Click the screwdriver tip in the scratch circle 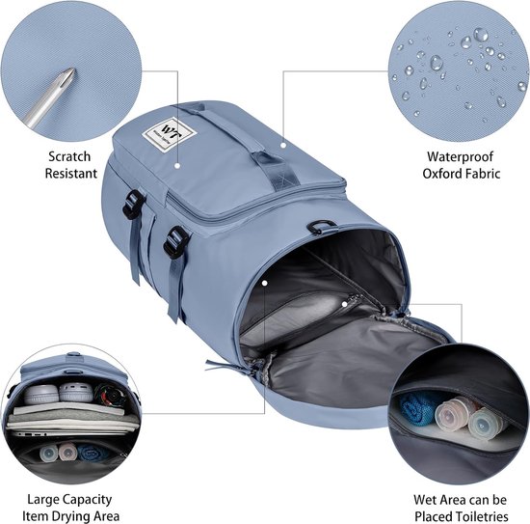[73, 69]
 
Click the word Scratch [69, 156]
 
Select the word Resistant [71, 174]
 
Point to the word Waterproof [460, 156]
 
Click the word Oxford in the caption [442, 174]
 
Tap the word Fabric [483, 174]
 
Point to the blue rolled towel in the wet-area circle [417, 409]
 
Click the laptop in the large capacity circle [71, 432]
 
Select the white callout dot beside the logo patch [176, 166]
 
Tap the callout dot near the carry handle [283, 145]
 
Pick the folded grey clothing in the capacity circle [72, 415]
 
